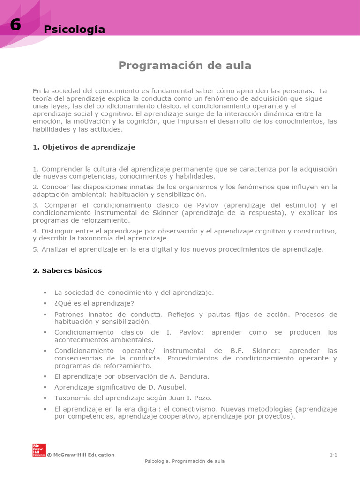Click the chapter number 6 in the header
(15, 25)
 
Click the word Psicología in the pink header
(74, 30)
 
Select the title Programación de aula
(185, 66)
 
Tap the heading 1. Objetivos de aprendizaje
(84, 147)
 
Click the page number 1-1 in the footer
(333, 455)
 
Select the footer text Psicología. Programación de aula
(185, 461)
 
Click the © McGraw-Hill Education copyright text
(81, 455)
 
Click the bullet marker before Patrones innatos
(45, 315)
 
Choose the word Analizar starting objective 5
(55, 249)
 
